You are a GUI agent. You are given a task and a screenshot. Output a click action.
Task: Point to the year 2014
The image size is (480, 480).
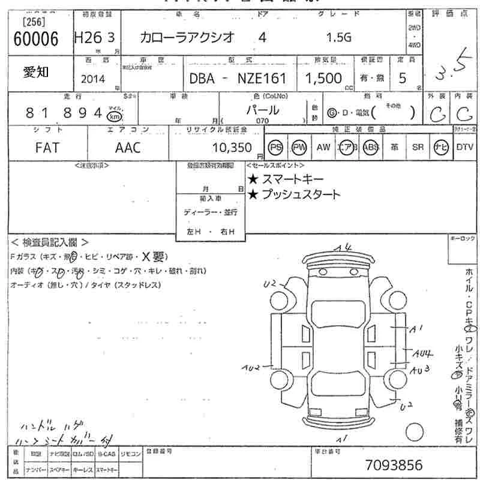pyautogui.click(x=92, y=79)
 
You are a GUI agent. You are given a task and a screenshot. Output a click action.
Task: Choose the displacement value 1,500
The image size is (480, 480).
pyautogui.click(x=323, y=78)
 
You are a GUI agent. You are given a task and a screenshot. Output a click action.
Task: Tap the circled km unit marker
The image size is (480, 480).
pyautogui.click(x=113, y=116)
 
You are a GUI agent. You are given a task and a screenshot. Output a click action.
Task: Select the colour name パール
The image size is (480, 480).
pyautogui.click(x=263, y=110)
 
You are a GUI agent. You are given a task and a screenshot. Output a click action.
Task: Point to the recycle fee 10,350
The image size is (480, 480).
pyautogui.click(x=235, y=148)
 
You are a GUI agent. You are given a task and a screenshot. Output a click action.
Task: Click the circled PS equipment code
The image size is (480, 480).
pyautogui.click(x=276, y=148)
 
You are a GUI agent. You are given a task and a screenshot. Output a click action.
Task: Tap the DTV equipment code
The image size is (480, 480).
pyautogui.click(x=464, y=148)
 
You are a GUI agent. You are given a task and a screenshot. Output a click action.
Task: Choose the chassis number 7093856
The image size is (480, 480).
pyautogui.click(x=393, y=465)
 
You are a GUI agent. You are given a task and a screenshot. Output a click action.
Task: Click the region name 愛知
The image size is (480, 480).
pyautogui.click(x=37, y=72)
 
